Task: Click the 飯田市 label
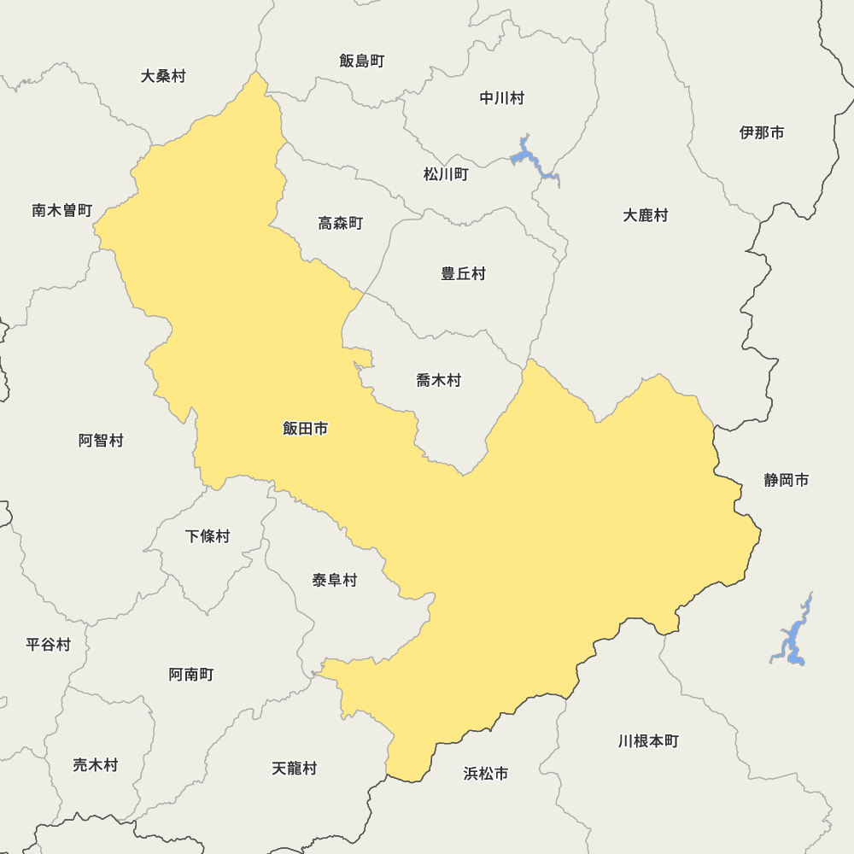click(x=305, y=429)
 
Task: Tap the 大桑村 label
click(x=163, y=76)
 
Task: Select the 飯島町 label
click(x=362, y=61)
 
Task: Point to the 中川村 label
click(x=502, y=98)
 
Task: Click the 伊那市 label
click(x=762, y=132)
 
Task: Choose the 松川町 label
click(x=446, y=174)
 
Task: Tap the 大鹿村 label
click(x=646, y=215)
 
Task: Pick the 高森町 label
click(x=341, y=223)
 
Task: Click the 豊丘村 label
click(x=464, y=273)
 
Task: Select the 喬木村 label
click(x=439, y=380)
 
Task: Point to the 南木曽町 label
click(x=62, y=210)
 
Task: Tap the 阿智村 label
click(x=102, y=441)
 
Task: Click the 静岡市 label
click(x=787, y=480)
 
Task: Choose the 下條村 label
click(x=208, y=536)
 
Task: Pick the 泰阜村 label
click(x=335, y=581)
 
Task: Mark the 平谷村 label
click(x=49, y=645)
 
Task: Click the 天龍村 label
click(x=295, y=768)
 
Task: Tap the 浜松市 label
click(x=486, y=774)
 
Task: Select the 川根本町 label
click(x=649, y=740)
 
